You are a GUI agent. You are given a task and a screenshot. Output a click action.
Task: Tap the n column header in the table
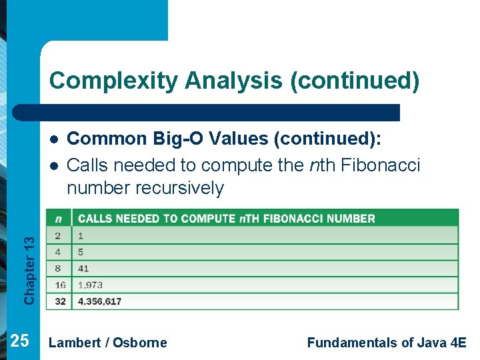(x=59, y=219)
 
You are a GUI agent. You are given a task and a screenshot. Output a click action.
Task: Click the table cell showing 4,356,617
(x=99, y=301)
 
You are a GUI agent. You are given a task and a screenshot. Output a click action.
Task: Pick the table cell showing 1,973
(x=90, y=285)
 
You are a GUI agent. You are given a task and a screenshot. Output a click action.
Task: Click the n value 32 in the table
(x=60, y=301)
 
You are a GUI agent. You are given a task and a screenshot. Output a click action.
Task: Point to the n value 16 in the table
(x=60, y=285)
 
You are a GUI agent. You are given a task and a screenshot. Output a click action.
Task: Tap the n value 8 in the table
(x=59, y=269)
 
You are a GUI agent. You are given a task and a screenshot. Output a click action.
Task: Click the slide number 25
(x=20, y=341)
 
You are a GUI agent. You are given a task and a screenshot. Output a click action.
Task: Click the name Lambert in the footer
(x=75, y=343)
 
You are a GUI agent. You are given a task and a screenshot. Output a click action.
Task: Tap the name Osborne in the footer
(x=140, y=343)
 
